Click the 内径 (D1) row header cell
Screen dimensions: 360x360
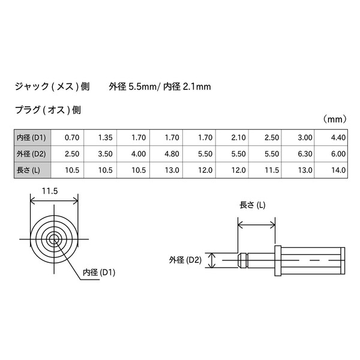[32, 137]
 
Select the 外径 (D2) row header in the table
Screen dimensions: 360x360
[32, 154]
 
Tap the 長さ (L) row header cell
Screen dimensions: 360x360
[32, 170]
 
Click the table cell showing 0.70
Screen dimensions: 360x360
[67, 137]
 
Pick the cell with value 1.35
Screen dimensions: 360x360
[100, 137]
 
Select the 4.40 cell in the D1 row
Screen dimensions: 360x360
[331, 137]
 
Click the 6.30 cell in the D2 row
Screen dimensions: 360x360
[298, 154]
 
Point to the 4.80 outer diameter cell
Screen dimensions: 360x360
[166, 154]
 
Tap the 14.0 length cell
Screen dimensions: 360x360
[331, 170]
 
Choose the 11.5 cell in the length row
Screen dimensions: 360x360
[265, 170]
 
